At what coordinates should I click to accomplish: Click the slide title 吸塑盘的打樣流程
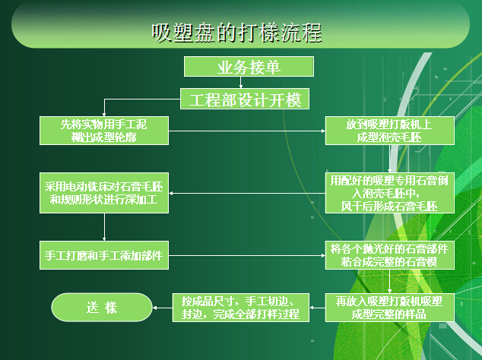pos(236,33)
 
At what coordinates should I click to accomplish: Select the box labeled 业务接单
pos(249,66)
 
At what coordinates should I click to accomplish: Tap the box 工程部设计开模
pos(245,99)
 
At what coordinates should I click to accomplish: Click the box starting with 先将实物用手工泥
pos(104,131)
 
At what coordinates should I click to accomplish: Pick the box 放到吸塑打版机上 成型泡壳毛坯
pos(390,131)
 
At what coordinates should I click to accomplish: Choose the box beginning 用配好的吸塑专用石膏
pos(390,193)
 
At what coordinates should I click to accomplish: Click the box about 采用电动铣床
pos(104,193)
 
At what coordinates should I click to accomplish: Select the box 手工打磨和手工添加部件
pos(104,255)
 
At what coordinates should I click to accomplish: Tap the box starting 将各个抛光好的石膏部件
pos(390,255)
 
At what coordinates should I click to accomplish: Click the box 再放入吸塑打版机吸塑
pos(390,308)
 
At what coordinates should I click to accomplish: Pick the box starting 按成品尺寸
pos(241,308)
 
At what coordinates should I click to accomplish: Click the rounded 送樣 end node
pos(102,307)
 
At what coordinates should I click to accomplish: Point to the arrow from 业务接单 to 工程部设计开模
pos(241,82)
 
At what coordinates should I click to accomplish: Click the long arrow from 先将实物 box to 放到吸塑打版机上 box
pos(247,131)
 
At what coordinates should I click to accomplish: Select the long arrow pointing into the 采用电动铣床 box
pos(247,193)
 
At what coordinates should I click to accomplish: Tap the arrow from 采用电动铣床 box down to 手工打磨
pos(104,227)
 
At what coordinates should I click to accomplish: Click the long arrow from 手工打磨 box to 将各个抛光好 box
pos(247,255)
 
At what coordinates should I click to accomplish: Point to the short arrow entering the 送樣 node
pos(162,308)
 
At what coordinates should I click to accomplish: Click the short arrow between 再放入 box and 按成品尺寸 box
pos(317,308)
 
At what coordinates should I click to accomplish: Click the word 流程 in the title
pos(301,33)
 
